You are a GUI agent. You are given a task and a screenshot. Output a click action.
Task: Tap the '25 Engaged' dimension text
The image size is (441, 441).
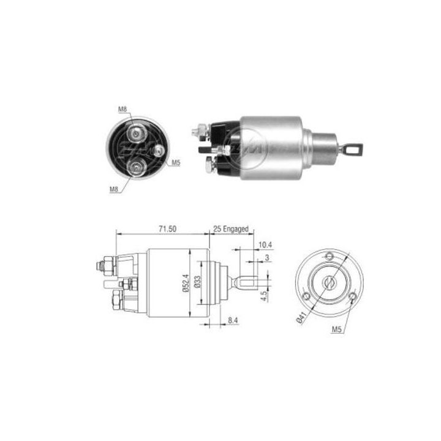pyautogui.click(x=231, y=228)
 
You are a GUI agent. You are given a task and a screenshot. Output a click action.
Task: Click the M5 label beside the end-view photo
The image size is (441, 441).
pyautogui.click(x=175, y=162)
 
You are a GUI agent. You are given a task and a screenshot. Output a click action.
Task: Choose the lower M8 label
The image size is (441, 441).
pyautogui.click(x=114, y=189)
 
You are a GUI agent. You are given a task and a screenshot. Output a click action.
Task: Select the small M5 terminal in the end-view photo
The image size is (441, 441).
pyautogui.click(x=159, y=151)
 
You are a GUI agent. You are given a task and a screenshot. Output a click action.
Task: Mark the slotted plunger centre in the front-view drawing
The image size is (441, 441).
pyautogui.click(x=330, y=282)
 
